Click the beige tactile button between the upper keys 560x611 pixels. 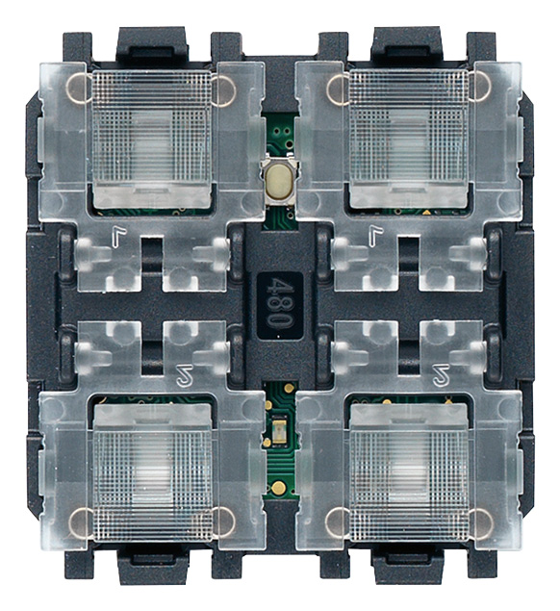[x=280, y=180]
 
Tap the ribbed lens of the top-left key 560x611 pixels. [x=152, y=135]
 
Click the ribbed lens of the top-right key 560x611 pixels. [x=408, y=135]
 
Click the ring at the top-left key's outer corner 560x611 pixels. [x=74, y=89]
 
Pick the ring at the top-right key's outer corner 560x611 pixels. [x=486, y=89]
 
